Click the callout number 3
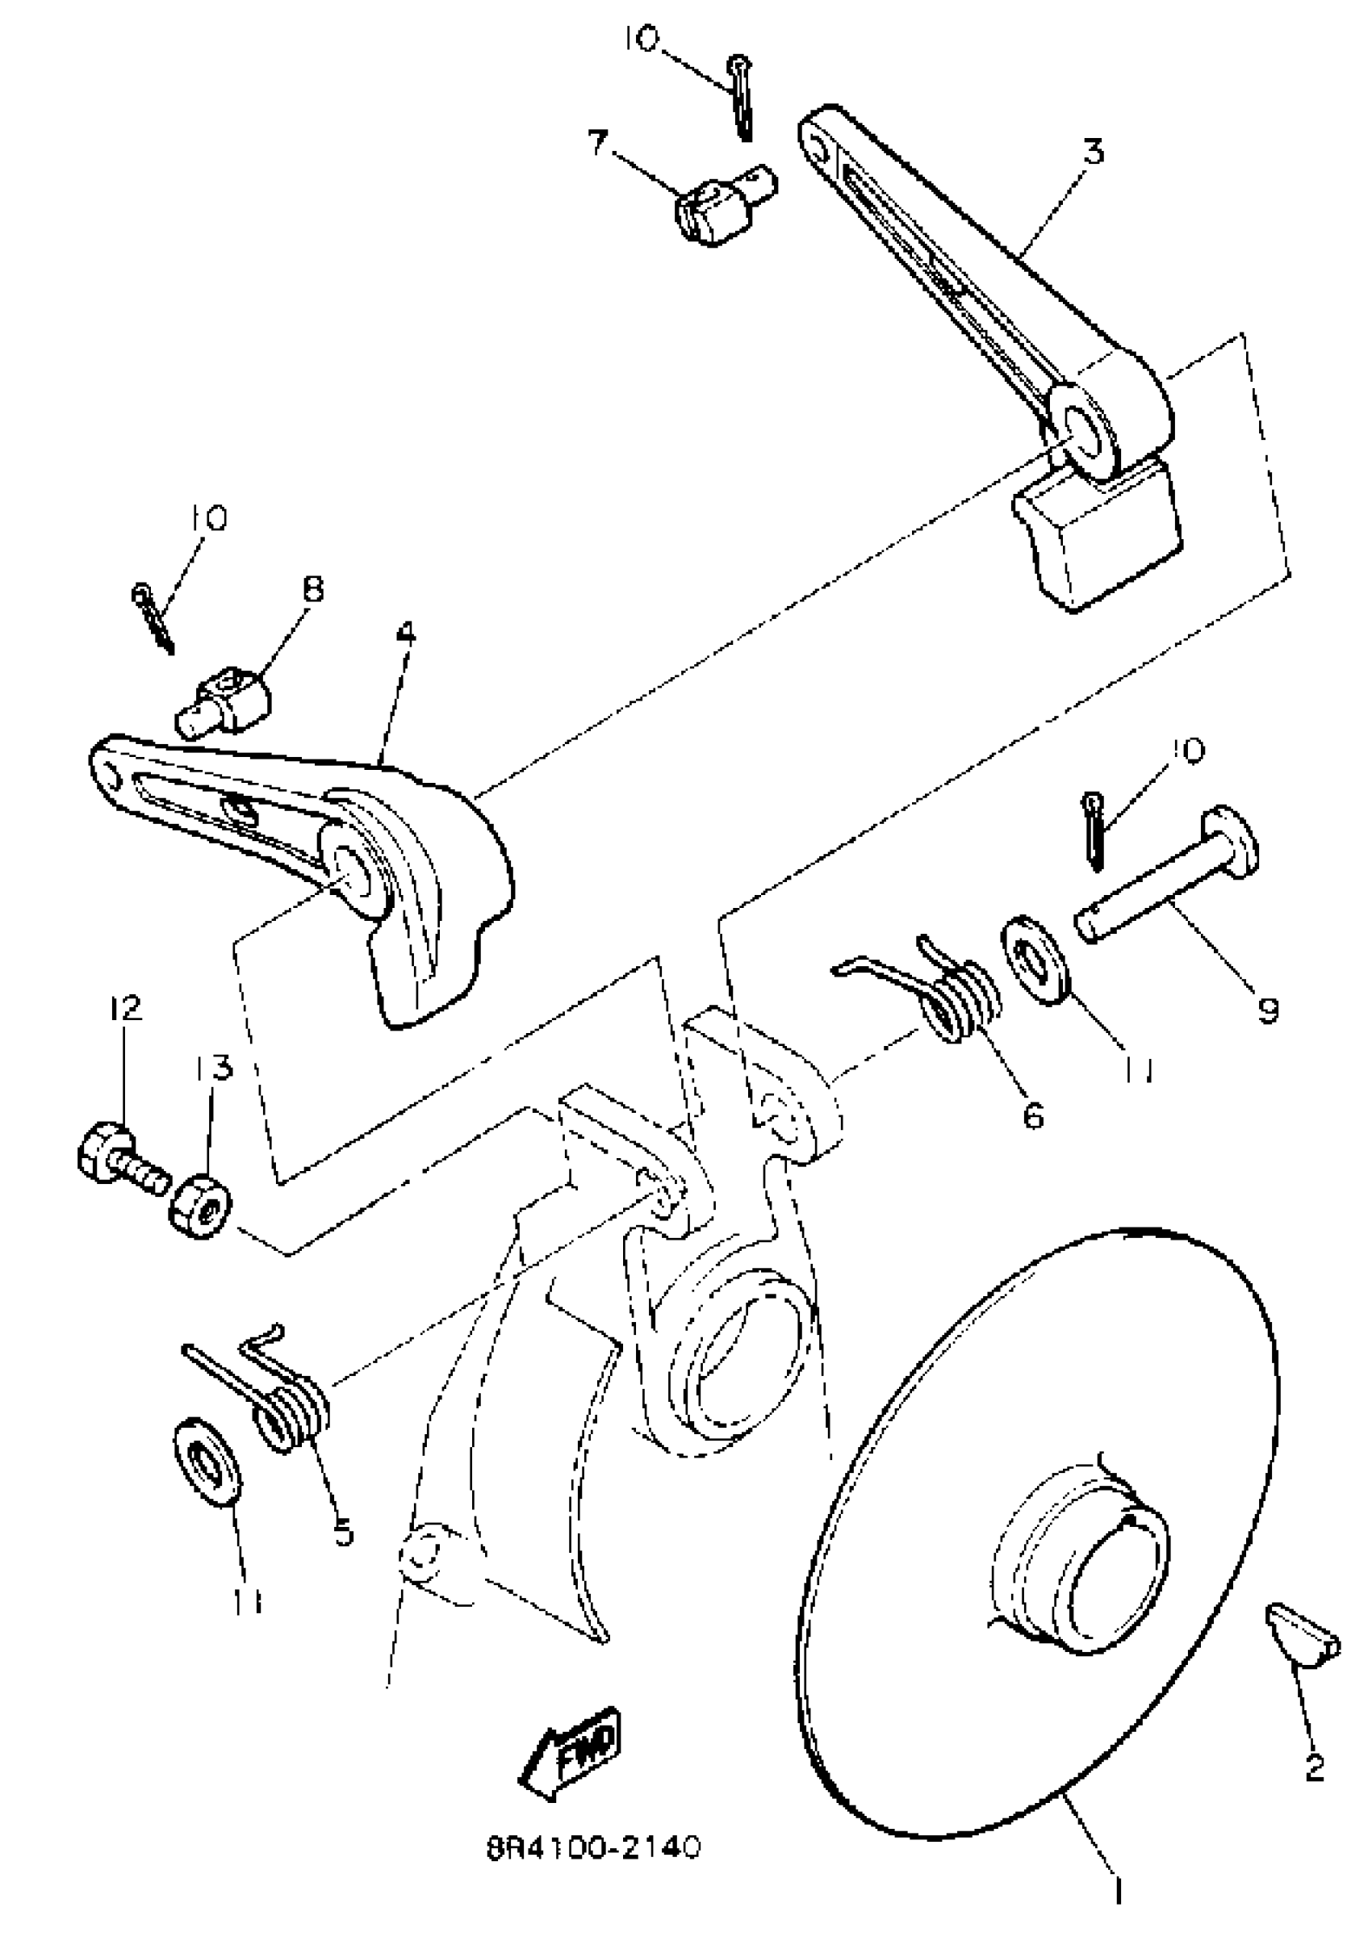[1092, 153]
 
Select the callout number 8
[313, 589]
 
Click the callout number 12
[124, 1010]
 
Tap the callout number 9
[1266, 1010]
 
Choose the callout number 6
[1033, 1116]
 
